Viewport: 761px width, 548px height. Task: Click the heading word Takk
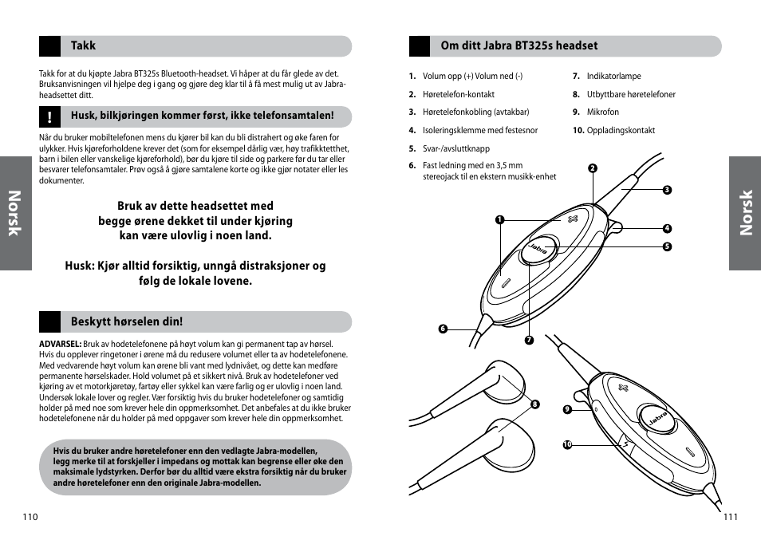click(83, 45)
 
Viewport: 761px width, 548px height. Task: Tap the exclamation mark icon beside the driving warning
click(49, 117)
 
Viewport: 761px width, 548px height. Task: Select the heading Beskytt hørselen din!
click(126, 321)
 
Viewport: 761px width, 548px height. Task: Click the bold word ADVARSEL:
click(60, 344)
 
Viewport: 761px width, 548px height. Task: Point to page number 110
click(30, 516)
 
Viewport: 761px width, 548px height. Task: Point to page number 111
click(730, 516)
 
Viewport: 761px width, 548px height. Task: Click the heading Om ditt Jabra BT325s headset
click(519, 46)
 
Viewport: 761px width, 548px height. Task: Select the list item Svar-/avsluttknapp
click(455, 148)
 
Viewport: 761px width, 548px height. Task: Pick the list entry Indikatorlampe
click(613, 77)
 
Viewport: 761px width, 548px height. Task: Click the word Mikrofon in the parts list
click(602, 112)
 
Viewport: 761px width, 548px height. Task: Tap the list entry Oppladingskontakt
click(621, 130)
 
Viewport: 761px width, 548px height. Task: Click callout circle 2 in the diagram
click(593, 168)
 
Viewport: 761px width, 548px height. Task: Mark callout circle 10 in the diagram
click(568, 444)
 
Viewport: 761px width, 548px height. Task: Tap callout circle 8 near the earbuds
click(535, 404)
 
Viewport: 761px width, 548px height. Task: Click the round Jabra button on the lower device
click(657, 418)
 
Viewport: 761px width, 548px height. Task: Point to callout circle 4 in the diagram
click(667, 228)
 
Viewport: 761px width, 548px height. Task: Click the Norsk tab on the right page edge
click(745, 213)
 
